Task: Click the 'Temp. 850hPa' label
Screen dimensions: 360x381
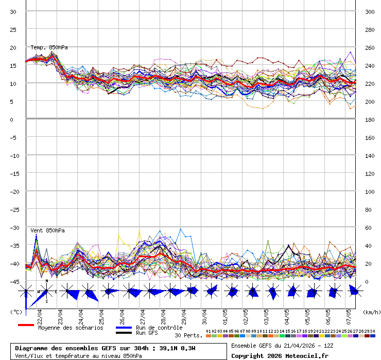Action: (x=49, y=47)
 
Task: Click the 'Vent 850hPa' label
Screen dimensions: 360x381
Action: (x=47, y=230)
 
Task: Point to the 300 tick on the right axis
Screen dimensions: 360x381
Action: (x=370, y=12)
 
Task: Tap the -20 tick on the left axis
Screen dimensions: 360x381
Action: (x=14, y=191)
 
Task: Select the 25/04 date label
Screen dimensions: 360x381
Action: (x=101, y=314)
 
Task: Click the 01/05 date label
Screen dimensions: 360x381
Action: (x=225, y=314)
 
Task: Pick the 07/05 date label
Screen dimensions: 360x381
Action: (x=349, y=314)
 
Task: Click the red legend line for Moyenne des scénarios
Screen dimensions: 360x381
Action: (x=26, y=325)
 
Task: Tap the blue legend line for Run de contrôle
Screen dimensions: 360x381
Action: (x=124, y=328)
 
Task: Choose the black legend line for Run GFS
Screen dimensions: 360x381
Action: (x=124, y=333)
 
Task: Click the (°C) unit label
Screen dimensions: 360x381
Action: (x=16, y=312)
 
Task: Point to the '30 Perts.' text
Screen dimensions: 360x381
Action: (x=188, y=335)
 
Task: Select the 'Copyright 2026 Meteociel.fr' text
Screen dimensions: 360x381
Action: (x=280, y=356)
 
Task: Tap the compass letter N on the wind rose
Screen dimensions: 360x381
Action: (x=47, y=281)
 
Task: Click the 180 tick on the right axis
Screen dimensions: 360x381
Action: (x=370, y=120)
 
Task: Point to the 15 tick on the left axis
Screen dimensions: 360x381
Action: (x=14, y=65)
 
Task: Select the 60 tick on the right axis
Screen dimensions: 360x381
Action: (x=368, y=228)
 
